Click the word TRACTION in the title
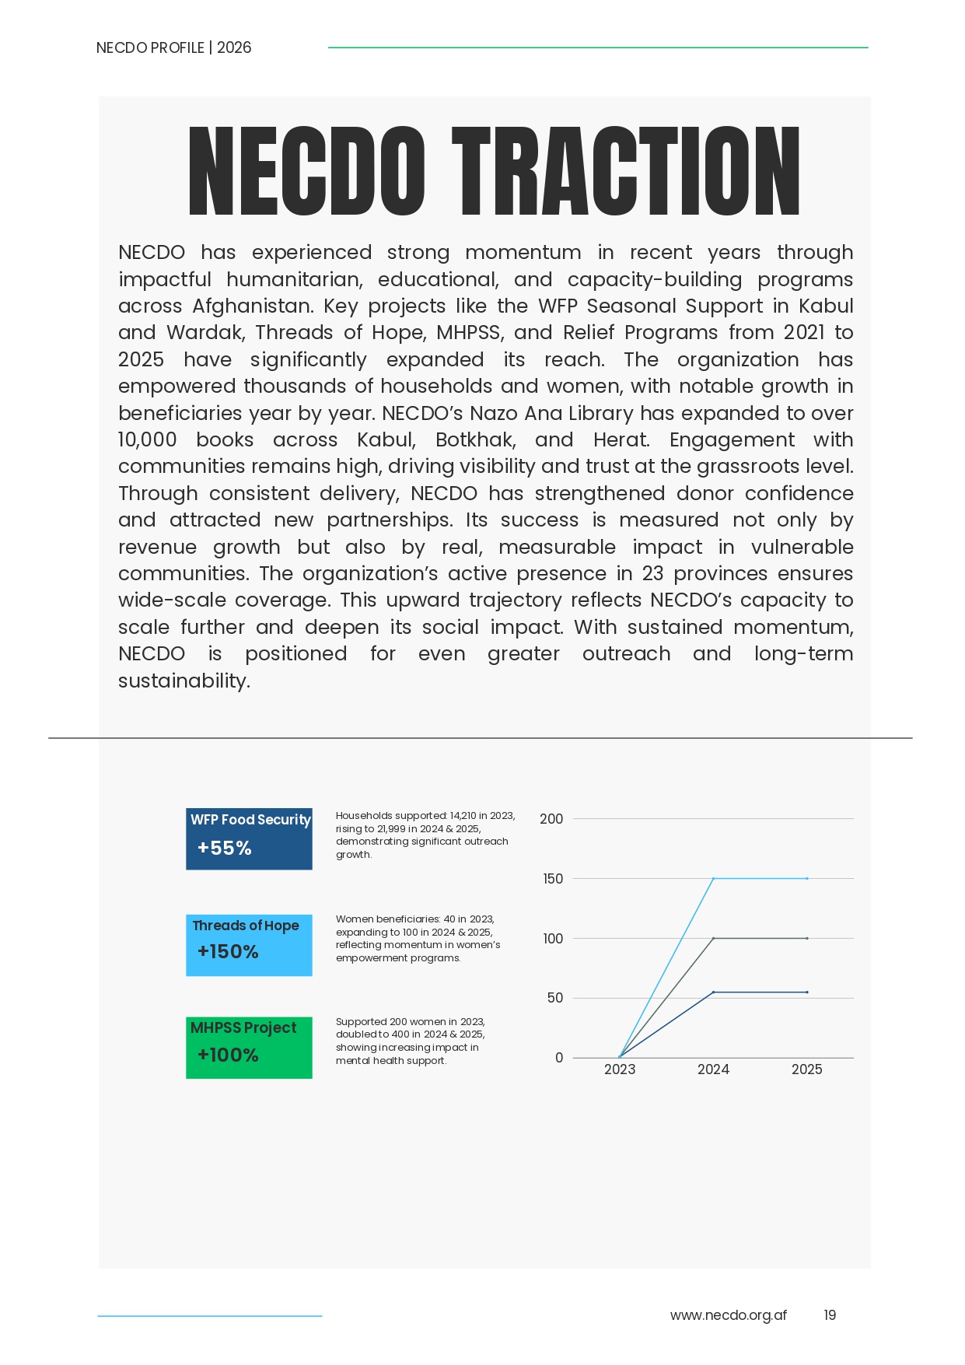pyautogui.click(x=626, y=171)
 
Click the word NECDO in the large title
pyautogui.click(x=306, y=171)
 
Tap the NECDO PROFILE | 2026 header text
pyautogui.click(x=173, y=47)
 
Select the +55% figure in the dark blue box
pyautogui.click(x=224, y=848)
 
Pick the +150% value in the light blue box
pyautogui.click(x=228, y=951)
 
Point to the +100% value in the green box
pyautogui.click(x=228, y=1055)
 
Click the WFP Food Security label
pyautogui.click(x=250, y=820)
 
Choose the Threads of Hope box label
pyautogui.click(x=246, y=926)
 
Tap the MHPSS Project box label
pyautogui.click(x=243, y=1027)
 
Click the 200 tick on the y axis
pyautogui.click(x=551, y=819)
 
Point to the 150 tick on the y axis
pyautogui.click(x=553, y=879)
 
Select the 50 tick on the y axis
pyautogui.click(x=555, y=998)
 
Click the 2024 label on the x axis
pyautogui.click(x=713, y=1069)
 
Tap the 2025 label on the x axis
pyautogui.click(x=806, y=1069)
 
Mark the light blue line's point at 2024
pyautogui.click(x=713, y=879)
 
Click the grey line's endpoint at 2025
pyautogui.click(x=807, y=938)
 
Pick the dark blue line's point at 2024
pyautogui.click(x=713, y=992)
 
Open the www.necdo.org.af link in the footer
pyautogui.click(x=728, y=1315)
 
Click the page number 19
pyautogui.click(x=830, y=1315)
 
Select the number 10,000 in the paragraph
pyautogui.click(x=148, y=439)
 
